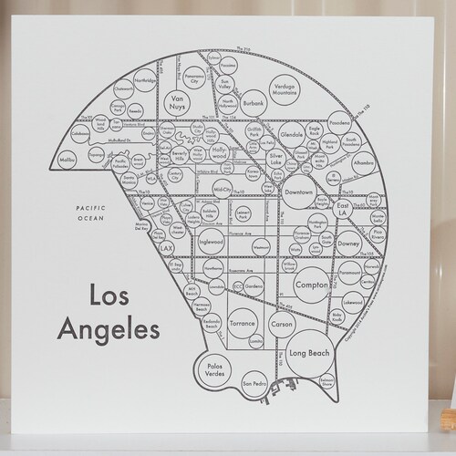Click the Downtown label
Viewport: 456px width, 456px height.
[298, 193]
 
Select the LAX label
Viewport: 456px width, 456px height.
[166, 247]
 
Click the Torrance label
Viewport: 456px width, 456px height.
[242, 323]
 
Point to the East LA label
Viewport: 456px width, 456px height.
[343, 210]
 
